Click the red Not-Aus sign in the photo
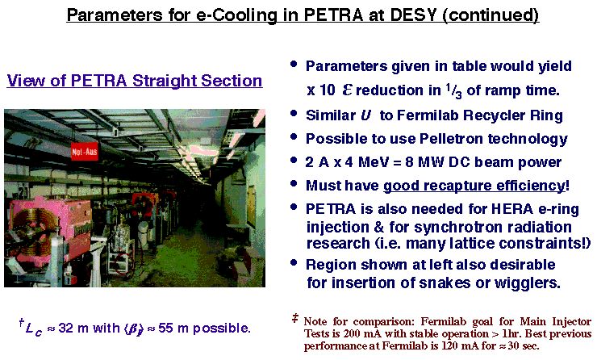[x=84, y=152]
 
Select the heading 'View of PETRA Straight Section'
[x=135, y=81]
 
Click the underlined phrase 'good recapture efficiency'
[x=474, y=186]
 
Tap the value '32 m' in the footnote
[x=73, y=328]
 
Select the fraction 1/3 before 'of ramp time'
[x=454, y=90]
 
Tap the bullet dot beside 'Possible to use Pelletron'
[x=293, y=136]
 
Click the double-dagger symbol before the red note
[x=295, y=318]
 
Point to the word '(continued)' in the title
[x=491, y=15]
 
